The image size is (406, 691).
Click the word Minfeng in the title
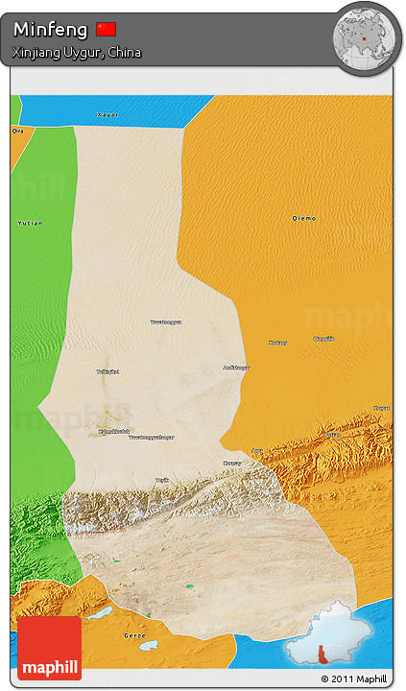(x=50, y=30)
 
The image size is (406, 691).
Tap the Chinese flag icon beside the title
(x=106, y=29)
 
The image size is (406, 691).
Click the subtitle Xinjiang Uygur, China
(x=77, y=52)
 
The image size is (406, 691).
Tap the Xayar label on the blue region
(x=107, y=114)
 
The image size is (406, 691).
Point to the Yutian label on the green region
(x=30, y=223)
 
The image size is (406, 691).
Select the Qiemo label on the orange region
(x=303, y=219)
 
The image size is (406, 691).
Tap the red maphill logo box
(x=49, y=648)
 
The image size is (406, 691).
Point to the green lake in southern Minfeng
(x=189, y=586)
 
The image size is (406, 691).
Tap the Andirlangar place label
(x=236, y=367)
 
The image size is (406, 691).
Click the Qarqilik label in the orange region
(x=324, y=339)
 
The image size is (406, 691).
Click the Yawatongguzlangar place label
(x=152, y=437)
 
